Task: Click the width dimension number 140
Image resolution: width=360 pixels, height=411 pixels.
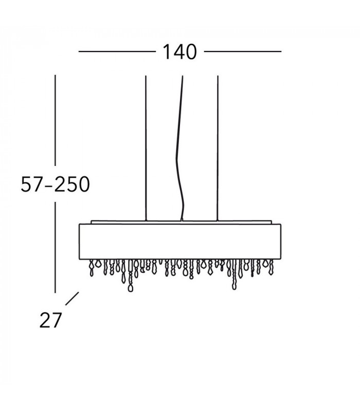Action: [x=179, y=52]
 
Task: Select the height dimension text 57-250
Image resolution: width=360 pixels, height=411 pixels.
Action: [x=56, y=184]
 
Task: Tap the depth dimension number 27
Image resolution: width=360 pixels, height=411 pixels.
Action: [x=50, y=320]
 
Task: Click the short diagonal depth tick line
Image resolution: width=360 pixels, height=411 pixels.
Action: [x=72, y=298]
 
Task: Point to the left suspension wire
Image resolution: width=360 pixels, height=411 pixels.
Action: [x=146, y=148]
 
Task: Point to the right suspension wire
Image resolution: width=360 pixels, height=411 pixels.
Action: [x=218, y=148]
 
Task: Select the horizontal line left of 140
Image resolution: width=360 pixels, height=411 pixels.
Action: [x=117, y=51]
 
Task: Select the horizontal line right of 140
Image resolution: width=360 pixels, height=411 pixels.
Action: [x=243, y=51]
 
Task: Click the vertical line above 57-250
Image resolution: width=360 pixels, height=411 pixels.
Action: [x=55, y=120]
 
